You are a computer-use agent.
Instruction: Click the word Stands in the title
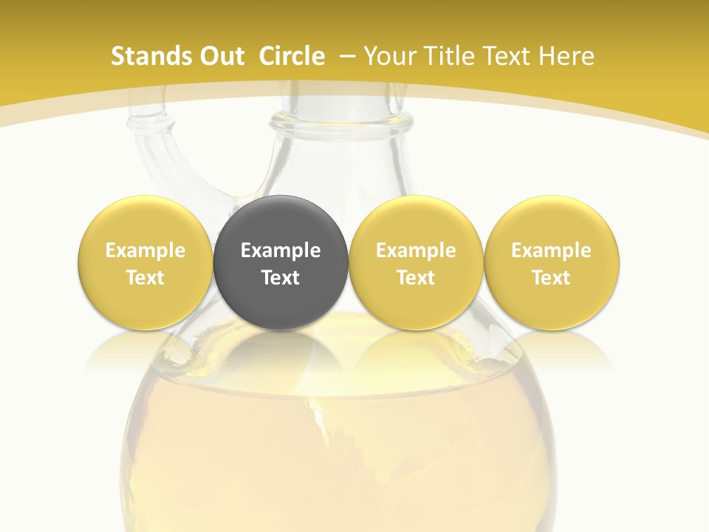point(145,56)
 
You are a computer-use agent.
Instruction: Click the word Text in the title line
point(505,56)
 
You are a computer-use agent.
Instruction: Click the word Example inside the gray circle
point(281,250)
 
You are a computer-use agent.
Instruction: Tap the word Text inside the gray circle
point(281,278)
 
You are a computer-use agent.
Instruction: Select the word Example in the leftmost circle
point(145,250)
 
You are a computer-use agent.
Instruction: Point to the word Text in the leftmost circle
point(145,278)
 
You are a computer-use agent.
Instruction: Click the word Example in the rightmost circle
point(552,250)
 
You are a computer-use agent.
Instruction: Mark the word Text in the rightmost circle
point(552,278)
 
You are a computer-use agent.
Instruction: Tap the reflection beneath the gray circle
point(281,351)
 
